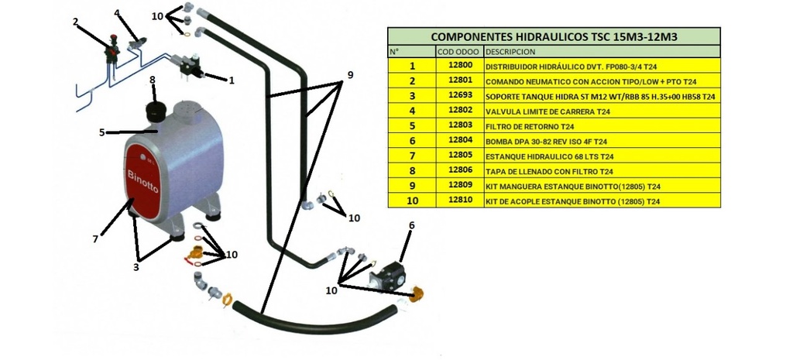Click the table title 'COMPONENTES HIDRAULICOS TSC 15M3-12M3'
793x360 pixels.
[x=553, y=36]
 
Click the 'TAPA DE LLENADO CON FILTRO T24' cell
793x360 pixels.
[x=549, y=171]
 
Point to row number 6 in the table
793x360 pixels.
[x=412, y=142]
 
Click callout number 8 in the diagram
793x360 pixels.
[x=153, y=80]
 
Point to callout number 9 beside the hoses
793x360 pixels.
[x=349, y=75]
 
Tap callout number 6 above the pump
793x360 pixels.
[x=411, y=225]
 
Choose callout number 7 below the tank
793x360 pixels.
[x=95, y=239]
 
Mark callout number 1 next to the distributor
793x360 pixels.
[x=231, y=79]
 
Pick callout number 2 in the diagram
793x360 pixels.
[x=76, y=21]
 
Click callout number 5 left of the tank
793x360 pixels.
[x=101, y=132]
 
